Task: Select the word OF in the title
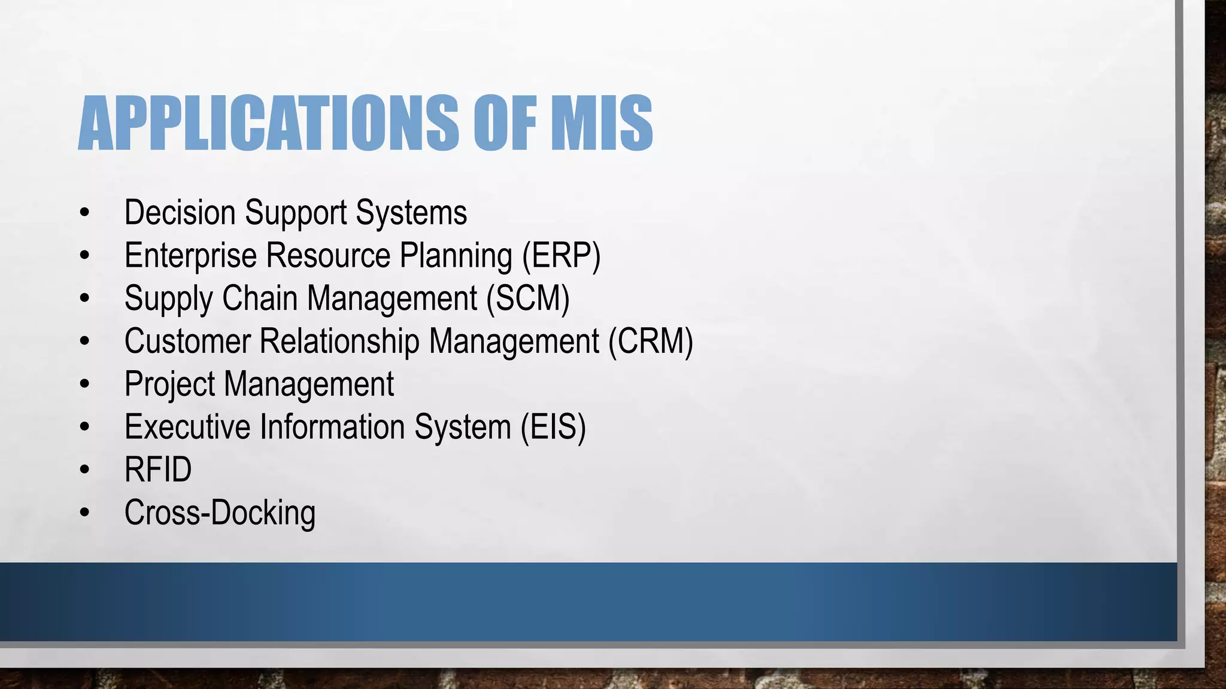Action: click(504, 123)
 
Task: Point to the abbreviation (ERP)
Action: click(561, 256)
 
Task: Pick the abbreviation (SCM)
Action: click(527, 298)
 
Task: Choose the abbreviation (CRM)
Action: click(651, 342)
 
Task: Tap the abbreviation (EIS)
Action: click(553, 427)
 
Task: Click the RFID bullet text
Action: click(158, 470)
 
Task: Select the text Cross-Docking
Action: click(220, 513)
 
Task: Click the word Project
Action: click(169, 385)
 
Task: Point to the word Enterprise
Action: click(190, 256)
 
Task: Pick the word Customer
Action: click(187, 342)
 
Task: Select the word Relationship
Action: click(339, 342)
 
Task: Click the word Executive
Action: click(187, 427)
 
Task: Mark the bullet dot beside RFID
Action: click(84, 470)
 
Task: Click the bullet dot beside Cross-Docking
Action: click(84, 513)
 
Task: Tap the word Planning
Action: click(456, 256)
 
